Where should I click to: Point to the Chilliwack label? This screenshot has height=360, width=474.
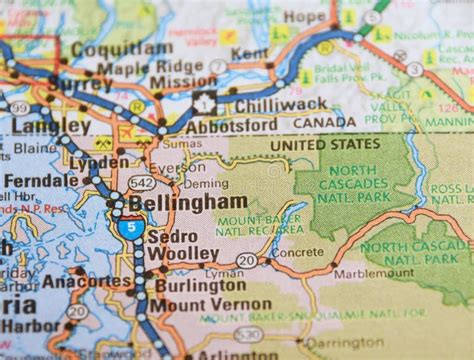[269, 104]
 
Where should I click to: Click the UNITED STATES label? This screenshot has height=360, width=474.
[320, 144]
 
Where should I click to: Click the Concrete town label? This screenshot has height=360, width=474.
[297, 253]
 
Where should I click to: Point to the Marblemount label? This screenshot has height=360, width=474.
[373, 272]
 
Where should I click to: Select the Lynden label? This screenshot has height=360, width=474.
[99, 162]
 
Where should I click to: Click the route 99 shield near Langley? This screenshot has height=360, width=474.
[18, 107]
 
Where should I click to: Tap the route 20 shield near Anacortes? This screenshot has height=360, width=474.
[77, 311]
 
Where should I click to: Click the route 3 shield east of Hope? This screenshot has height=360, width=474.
[414, 69]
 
